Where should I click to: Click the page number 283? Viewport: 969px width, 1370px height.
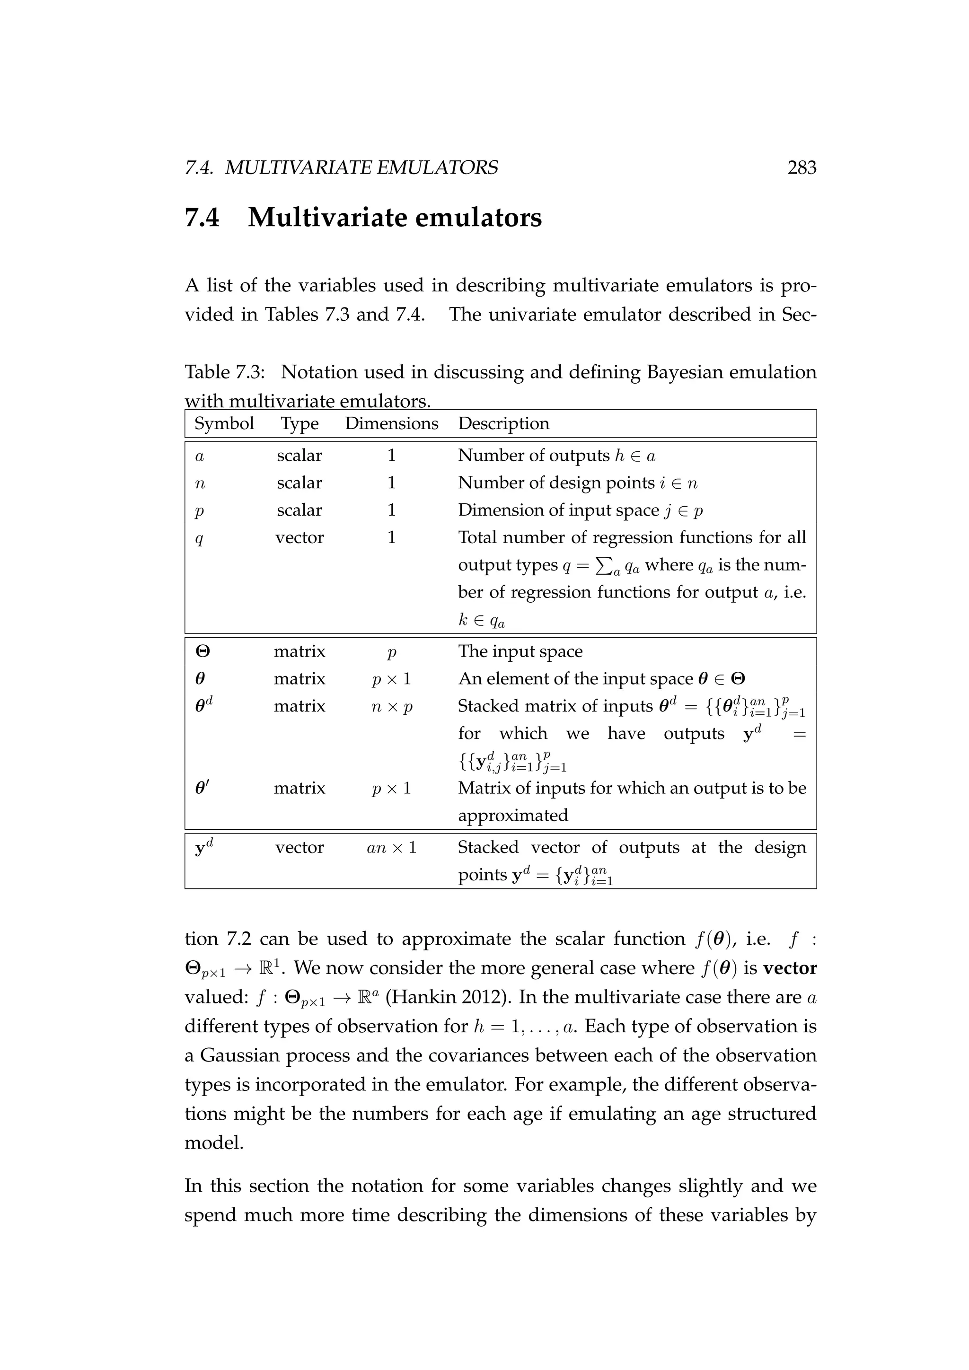[802, 167]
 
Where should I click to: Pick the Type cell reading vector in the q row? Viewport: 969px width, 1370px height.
[300, 537]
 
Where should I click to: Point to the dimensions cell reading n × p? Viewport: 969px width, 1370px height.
[391, 706]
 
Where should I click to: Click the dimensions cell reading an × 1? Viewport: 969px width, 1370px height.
[391, 848]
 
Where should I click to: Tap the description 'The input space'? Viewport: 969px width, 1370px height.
[520, 651]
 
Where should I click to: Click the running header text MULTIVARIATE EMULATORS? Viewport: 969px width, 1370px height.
[361, 167]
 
